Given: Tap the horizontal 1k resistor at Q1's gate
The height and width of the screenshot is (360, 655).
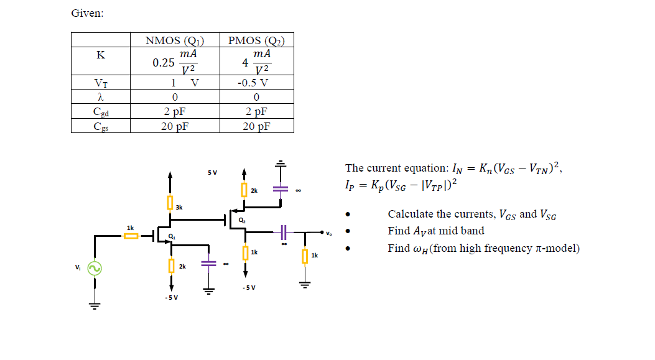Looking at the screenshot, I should [x=131, y=236].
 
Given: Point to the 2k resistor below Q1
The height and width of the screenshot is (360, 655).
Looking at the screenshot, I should [x=170, y=266].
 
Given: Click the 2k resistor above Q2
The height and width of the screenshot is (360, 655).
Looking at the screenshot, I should [x=244, y=188].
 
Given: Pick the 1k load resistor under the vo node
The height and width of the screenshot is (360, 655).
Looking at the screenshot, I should [x=304, y=256].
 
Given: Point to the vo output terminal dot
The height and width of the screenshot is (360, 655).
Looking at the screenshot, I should [x=321, y=233].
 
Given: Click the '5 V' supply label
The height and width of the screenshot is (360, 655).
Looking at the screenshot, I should [x=213, y=172].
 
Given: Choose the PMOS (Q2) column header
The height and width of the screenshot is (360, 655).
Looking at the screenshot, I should [x=256, y=41].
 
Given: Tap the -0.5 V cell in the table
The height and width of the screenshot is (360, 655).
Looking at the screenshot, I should [x=256, y=83].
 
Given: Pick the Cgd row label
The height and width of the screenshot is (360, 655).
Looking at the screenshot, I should [x=101, y=112].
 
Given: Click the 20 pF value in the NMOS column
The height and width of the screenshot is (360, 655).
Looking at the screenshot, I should [x=174, y=126].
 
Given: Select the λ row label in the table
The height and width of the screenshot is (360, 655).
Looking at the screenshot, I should [x=101, y=97].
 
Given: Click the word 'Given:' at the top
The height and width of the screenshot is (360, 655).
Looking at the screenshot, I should [x=87, y=13].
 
